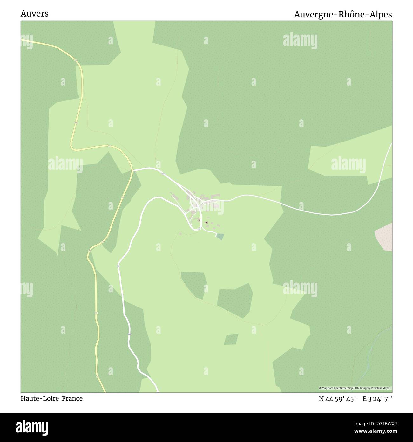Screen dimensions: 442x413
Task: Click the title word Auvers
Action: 34,14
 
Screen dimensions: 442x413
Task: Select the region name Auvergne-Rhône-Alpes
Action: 343,15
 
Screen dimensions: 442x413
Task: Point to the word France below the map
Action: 72,398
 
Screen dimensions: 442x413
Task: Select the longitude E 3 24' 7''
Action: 377,399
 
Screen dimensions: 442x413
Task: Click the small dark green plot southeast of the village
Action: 220,236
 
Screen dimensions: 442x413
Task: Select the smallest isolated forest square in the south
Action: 231,339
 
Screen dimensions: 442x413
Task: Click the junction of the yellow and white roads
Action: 132,171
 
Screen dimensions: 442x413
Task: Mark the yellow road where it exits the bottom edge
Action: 104,390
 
